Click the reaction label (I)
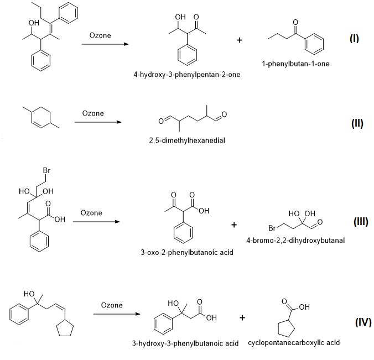(x=355, y=39)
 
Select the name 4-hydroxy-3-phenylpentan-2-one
(x=186, y=75)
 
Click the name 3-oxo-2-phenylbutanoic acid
(x=187, y=253)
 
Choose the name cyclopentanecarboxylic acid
(x=294, y=343)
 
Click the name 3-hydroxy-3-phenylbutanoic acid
(x=184, y=343)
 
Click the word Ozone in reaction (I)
(x=100, y=36)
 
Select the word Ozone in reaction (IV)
(x=112, y=305)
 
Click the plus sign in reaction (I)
(x=239, y=40)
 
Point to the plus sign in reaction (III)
(x=234, y=225)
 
